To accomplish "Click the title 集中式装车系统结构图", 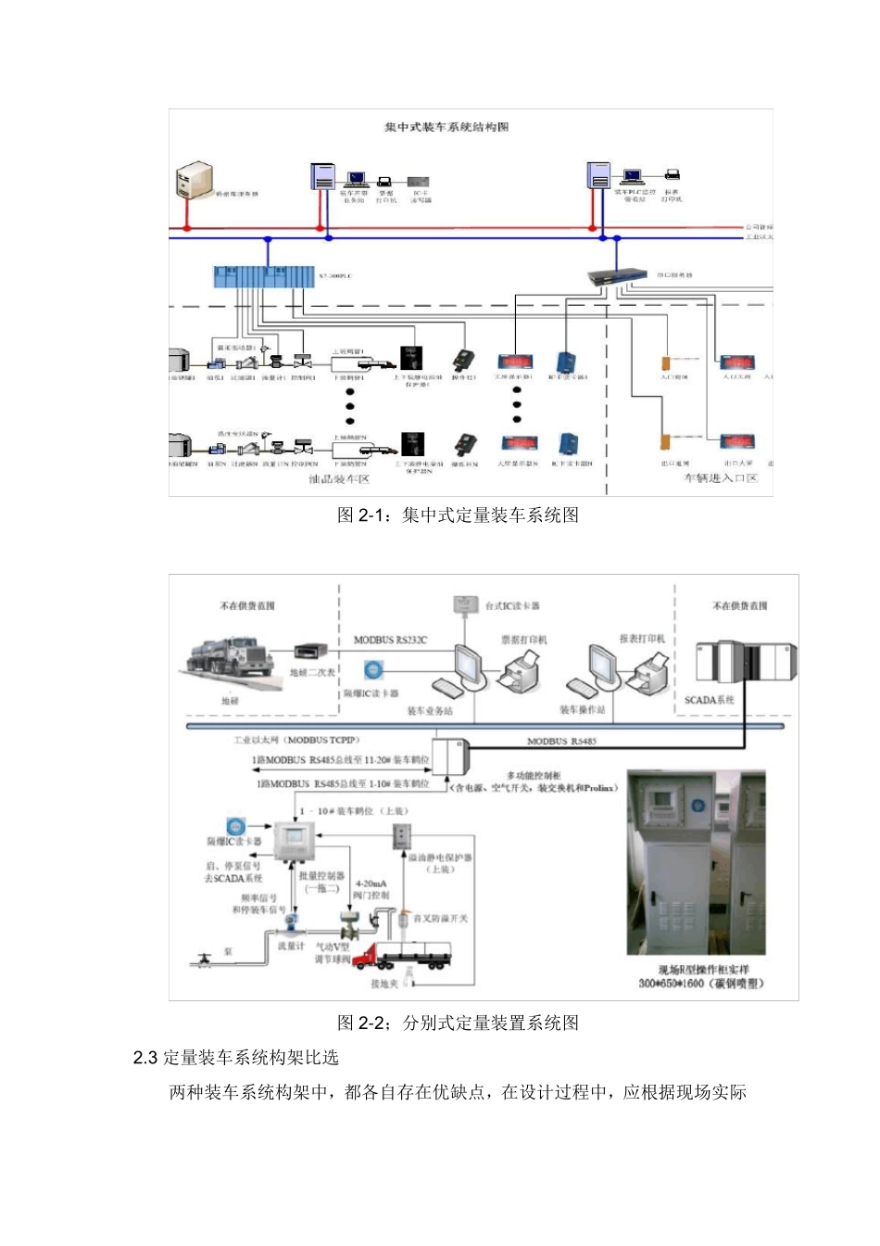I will (x=446, y=127).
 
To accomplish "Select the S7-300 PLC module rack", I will (x=263, y=277).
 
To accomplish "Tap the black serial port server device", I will (x=617, y=274).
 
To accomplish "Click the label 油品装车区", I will (x=339, y=479).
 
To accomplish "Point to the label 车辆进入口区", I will (x=721, y=478).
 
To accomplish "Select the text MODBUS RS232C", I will (x=390, y=640).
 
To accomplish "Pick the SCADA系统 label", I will (x=709, y=700).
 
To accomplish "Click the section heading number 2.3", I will (x=145, y=1058).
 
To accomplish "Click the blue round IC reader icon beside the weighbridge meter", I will (x=373, y=669).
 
